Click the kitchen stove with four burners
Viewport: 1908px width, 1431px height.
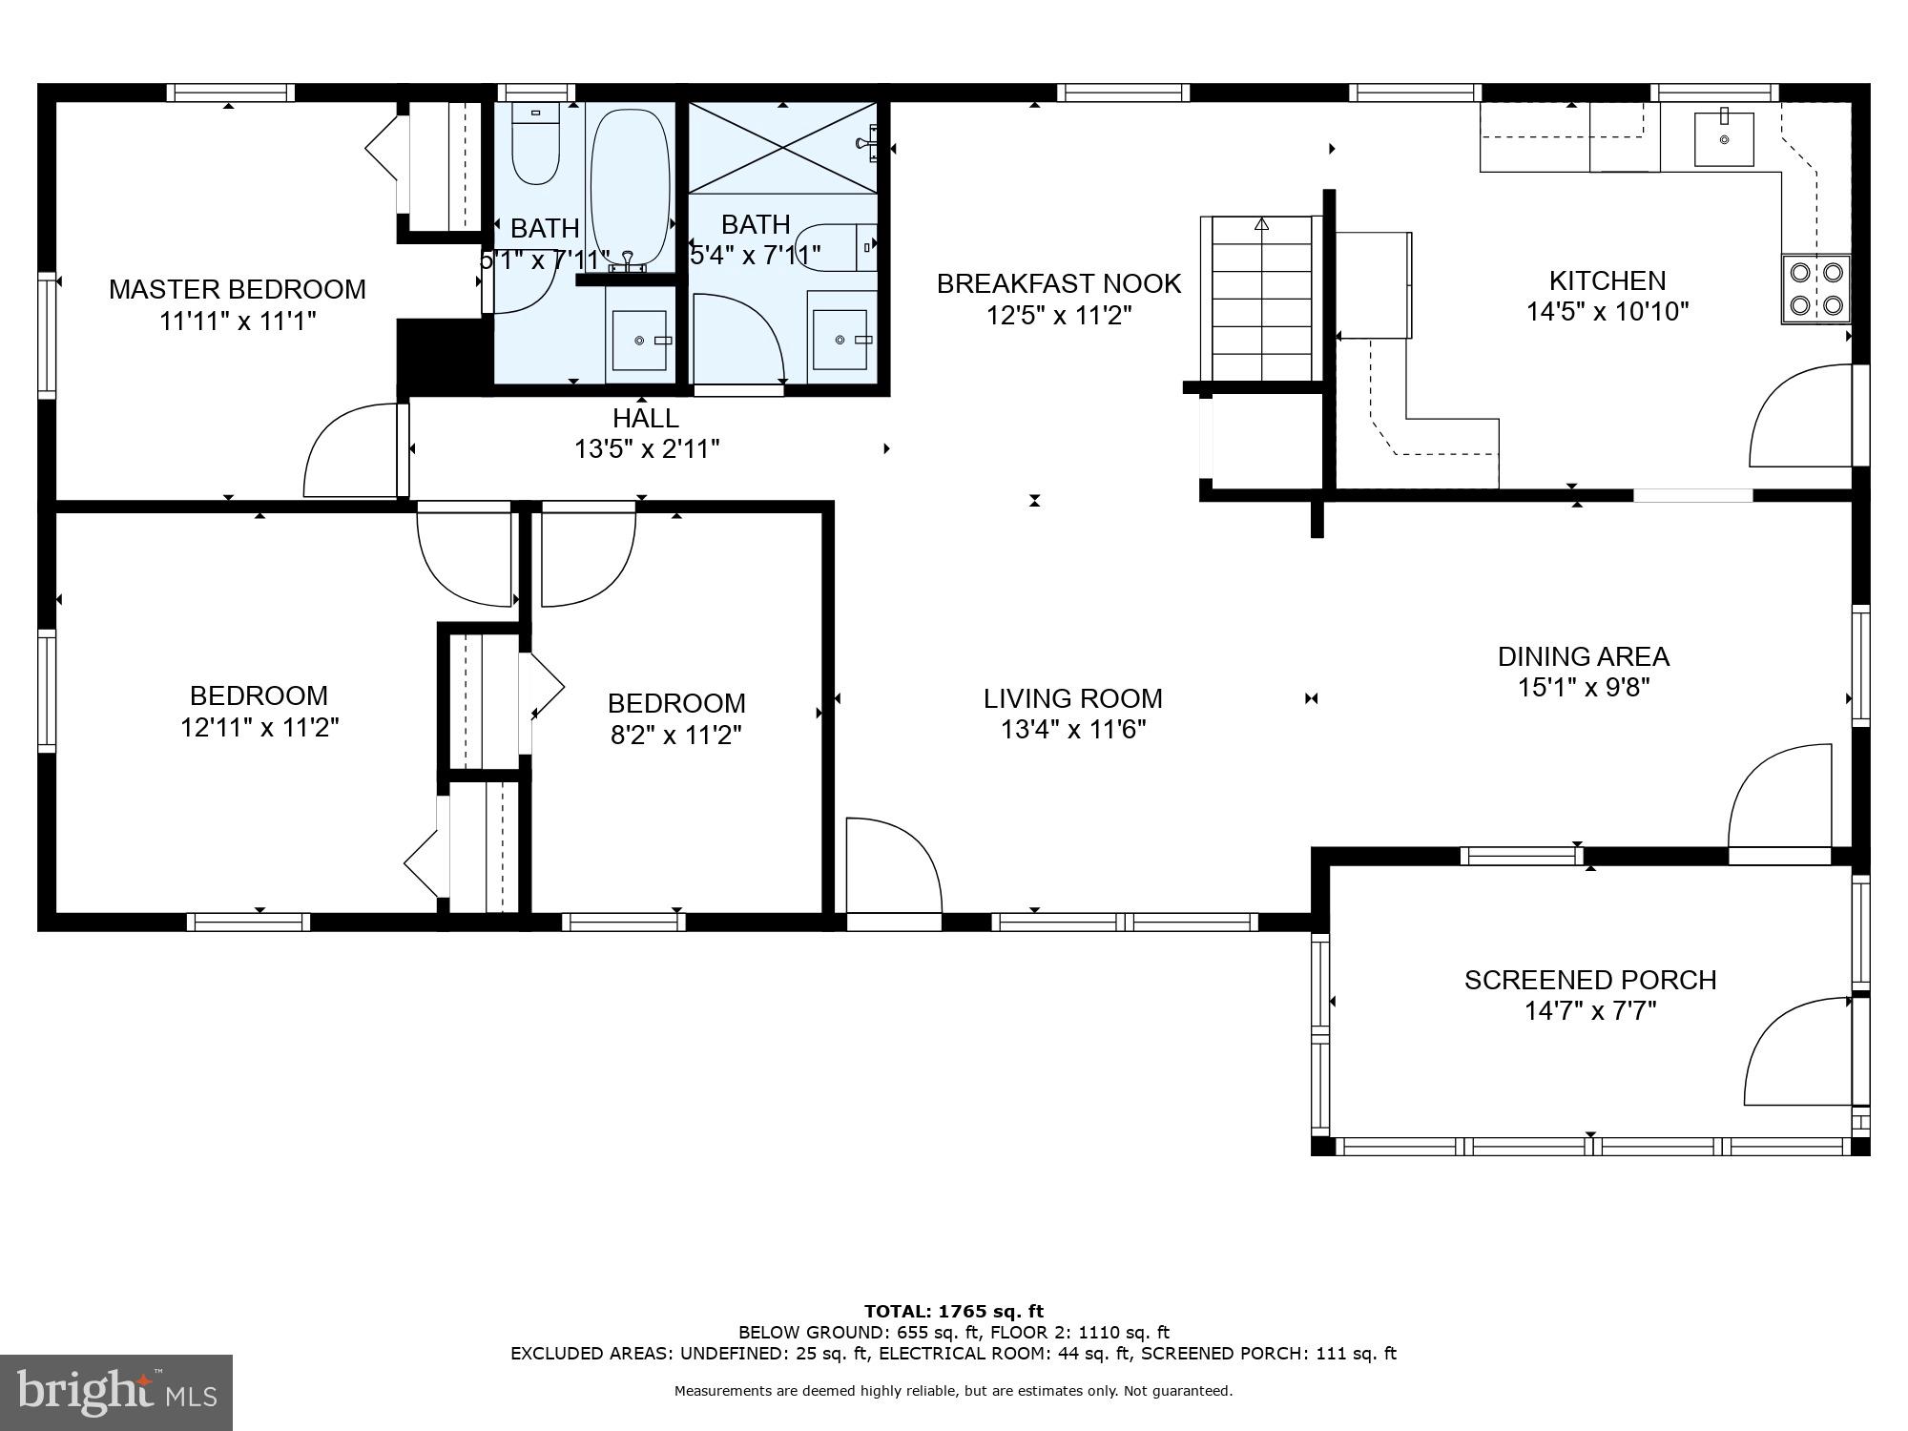tap(1815, 289)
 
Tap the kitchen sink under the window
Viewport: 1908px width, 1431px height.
tap(1724, 139)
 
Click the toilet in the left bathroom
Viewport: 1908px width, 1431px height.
tap(535, 143)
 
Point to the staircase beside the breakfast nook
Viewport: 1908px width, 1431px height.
tap(1261, 298)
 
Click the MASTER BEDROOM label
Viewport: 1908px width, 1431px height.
tap(237, 289)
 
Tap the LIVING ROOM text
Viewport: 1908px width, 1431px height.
tap(1072, 698)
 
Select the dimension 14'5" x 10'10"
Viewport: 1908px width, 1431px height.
tap(1607, 312)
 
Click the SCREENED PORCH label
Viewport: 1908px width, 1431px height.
tap(1589, 980)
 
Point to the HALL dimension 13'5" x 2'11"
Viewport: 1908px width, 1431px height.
tap(646, 448)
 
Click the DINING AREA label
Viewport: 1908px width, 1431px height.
tap(1583, 656)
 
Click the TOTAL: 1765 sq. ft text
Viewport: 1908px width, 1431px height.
tap(953, 1312)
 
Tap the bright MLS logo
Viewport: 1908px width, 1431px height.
tap(116, 1392)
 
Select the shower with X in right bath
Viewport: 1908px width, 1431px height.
tap(782, 147)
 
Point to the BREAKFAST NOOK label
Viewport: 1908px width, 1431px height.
tap(1058, 283)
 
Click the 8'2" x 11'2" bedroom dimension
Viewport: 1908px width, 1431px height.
tap(675, 735)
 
